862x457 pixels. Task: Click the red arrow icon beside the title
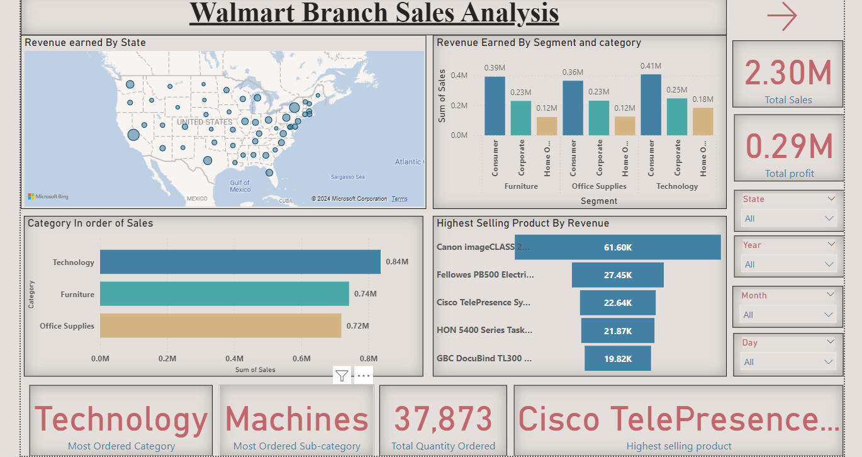pyautogui.click(x=782, y=16)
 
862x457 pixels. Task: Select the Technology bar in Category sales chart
pyautogui.click(x=240, y=262)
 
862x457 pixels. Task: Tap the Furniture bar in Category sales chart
pyautogui.click(x=224, y=294)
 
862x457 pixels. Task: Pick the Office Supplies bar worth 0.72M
pyautogui.click(x=220, y=325)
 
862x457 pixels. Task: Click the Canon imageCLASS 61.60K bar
pyautogui.click(x=617, y=247)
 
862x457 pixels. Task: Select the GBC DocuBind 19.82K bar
pyautogui.click(x=617, y=359)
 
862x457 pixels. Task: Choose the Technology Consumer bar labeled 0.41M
pyautogui.click(x=651, y=104)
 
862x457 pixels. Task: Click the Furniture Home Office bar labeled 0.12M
pyautogui.click(x=547, y=126)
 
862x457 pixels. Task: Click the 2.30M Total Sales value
pyautogui.click(x=788, y=73)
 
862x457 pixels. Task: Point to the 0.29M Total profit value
pyautogui.click(x=789, y=147)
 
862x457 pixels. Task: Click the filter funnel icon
pyautogui.click(x=342, y=376)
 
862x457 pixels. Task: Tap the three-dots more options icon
pyautogui.click(x=364, y=376)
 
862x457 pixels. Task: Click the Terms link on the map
pyautogui.click(x=400, y=199)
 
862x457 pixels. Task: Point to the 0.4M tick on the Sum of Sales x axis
pyautogui.click(x=234, y=359)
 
